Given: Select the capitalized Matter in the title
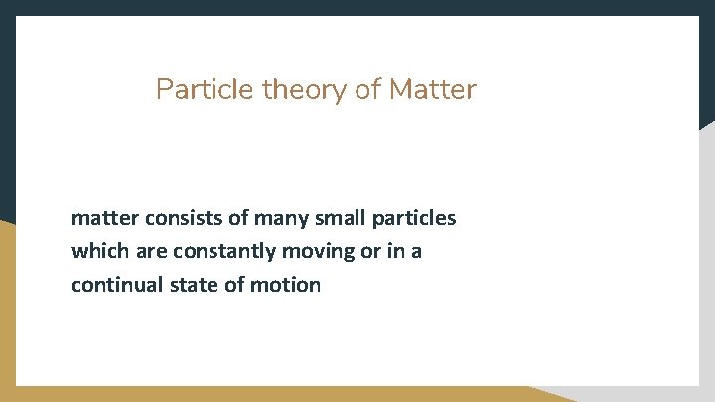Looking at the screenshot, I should coord(433,91).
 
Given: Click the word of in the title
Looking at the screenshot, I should coord(368,91).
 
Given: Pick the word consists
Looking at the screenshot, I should coord(180,217).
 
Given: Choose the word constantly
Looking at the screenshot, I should coord(220,251).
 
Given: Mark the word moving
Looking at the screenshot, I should coord(320,252).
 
